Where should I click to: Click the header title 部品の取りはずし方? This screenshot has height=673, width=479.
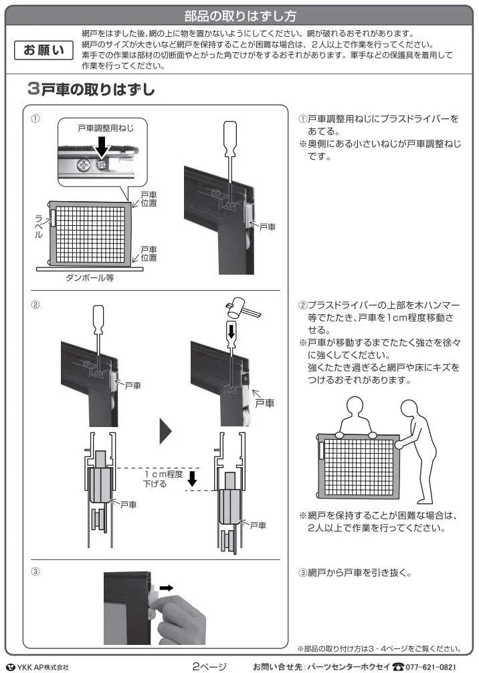point(239,16)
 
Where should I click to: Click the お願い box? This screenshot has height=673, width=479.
point(43,50)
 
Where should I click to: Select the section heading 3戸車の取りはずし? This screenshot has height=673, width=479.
point(90,89)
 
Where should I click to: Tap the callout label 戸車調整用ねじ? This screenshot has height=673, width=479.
point(106,128)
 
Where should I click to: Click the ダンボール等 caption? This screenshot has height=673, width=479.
point(90,278)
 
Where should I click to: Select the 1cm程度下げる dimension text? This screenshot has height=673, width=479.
point(163,479)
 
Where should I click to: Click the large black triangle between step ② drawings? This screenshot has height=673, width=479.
point(165,431)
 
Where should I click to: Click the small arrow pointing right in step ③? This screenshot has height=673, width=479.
point(167,587)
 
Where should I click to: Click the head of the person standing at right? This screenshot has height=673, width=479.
point(410,408)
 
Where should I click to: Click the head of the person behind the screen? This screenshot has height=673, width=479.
point(355,406)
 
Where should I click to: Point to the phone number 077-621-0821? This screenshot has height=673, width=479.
point(430,666)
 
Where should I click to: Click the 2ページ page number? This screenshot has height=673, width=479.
point(209,666)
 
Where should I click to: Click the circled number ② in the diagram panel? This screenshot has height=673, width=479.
point(35,305)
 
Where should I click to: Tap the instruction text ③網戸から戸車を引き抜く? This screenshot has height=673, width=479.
point(355,573)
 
